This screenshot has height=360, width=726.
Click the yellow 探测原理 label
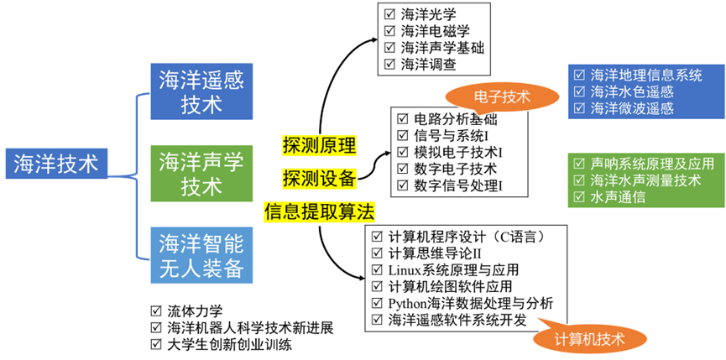pos(319,144)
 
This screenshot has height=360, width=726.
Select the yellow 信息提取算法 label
pos(319,211)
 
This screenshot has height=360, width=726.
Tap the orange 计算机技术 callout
pos(591,337)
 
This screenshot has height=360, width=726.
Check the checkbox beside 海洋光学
pos(389,15)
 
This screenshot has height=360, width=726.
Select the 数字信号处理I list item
pos(457,185)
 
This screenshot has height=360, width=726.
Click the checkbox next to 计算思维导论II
pos(377,253)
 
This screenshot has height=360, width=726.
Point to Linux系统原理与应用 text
pos(453,269)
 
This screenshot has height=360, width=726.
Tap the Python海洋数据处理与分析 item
pos(471,303)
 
